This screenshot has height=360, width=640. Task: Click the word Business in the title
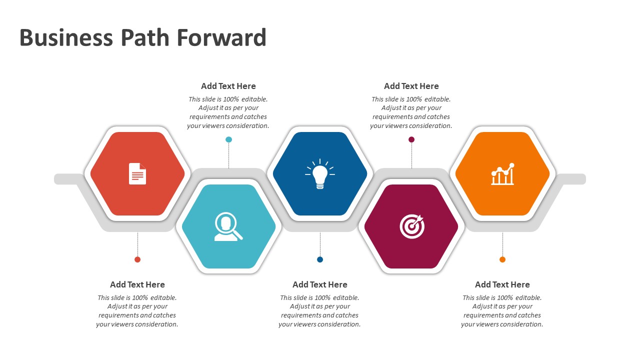pos(66,38)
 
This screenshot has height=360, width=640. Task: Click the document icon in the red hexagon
pos(137,173)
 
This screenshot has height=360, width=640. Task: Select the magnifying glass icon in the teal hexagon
pos(228,226)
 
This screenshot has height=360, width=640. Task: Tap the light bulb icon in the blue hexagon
pos(320,174)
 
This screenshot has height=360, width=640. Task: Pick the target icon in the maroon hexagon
pos(412,226)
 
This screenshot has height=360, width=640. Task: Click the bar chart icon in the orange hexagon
pos(502,174)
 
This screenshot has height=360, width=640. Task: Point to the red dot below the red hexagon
pos(137,259)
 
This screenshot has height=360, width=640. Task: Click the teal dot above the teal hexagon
pos(228,139)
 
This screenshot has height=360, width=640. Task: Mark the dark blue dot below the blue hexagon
pos(320,259)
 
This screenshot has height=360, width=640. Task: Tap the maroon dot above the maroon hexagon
pos(411,139)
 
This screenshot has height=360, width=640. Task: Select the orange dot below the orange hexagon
pos(502,259)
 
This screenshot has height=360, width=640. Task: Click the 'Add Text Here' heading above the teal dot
pos(228,86)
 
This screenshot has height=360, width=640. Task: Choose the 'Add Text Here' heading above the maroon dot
pos(411,86)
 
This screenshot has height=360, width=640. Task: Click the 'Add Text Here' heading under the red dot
pos(137,284)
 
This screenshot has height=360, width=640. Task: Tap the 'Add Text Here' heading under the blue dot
pos(320,284)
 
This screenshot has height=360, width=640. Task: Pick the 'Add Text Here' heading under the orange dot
pos(502,284)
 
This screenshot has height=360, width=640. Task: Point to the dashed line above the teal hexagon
pos(228,155)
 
